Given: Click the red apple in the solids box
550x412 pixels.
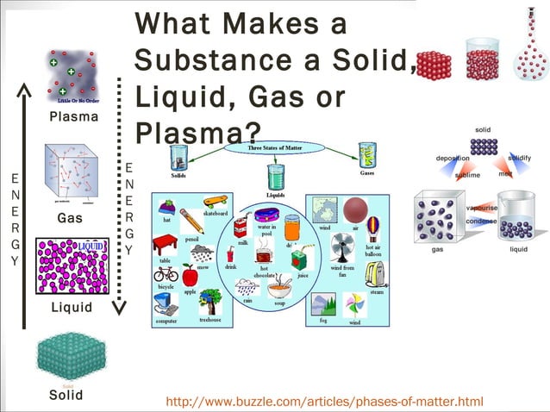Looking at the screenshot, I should [190, 276].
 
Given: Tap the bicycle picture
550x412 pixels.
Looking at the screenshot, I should [166, 273].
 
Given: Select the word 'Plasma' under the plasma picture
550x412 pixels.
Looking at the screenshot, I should [73, 116].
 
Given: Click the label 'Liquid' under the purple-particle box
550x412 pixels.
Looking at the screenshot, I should [72, 307].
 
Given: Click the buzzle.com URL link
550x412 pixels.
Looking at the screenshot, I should [323, 402].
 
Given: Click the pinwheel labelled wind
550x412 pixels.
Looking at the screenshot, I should [354, 304].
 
